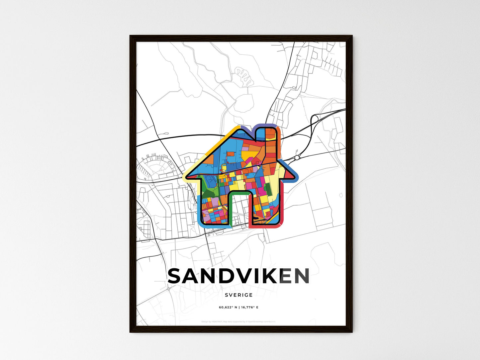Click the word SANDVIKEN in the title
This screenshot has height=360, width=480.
pyautogui.click(x=239, y=276)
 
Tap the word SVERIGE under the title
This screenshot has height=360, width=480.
pyautogui.click(x=239, y=295)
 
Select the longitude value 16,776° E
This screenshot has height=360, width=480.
pyautogui.click(x=249, y=307)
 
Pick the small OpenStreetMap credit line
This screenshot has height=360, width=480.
pyautogui.click(x=239, y=321)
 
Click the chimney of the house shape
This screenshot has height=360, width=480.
pyautogui.click(x=271, y=139)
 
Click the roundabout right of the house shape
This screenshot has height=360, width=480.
pyautogui.click(x=297, y=157)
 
